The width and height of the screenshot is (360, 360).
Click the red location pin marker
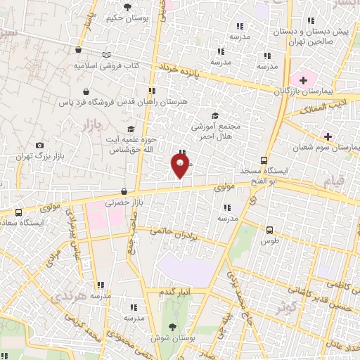[x=180, y=165]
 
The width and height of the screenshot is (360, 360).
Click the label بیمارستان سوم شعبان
[x=333, y=148]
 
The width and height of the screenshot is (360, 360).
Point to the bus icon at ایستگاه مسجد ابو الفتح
[x=264, y=160]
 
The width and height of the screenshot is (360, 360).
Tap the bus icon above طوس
[x=269, y=229]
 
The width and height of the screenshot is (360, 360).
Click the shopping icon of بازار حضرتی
[x=124, y=191]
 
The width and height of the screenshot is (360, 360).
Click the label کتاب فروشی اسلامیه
[x=107, y=65]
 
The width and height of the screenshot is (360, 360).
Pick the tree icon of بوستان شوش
[x=172, y=327]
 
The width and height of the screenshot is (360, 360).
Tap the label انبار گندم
[x=176, y=291]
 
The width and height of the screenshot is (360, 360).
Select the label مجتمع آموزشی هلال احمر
[x=216, y=131]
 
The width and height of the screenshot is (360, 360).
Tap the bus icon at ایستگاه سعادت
[x=18, y=212]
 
